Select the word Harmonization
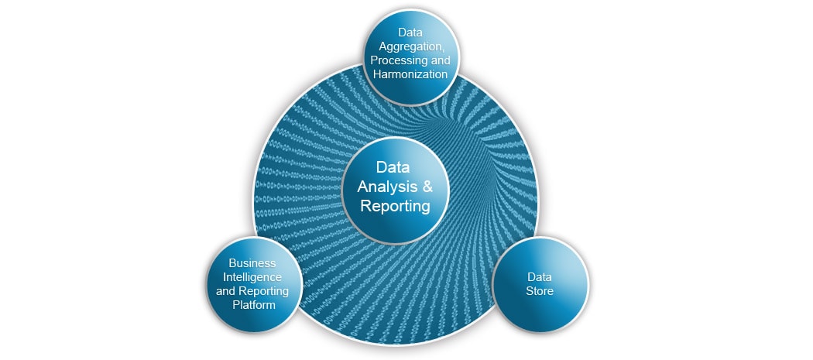coord(410,74)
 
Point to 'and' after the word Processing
coord(438,60)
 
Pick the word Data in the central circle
coord(394,167)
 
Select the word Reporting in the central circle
coord(395,206)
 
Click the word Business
coord(252,263)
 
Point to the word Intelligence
coord(252,277)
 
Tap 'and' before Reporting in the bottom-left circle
coord(225,291)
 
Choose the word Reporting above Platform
coord(263,291)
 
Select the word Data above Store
coord(540,277)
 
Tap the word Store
coord(540,291)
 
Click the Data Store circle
coord(540,306)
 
